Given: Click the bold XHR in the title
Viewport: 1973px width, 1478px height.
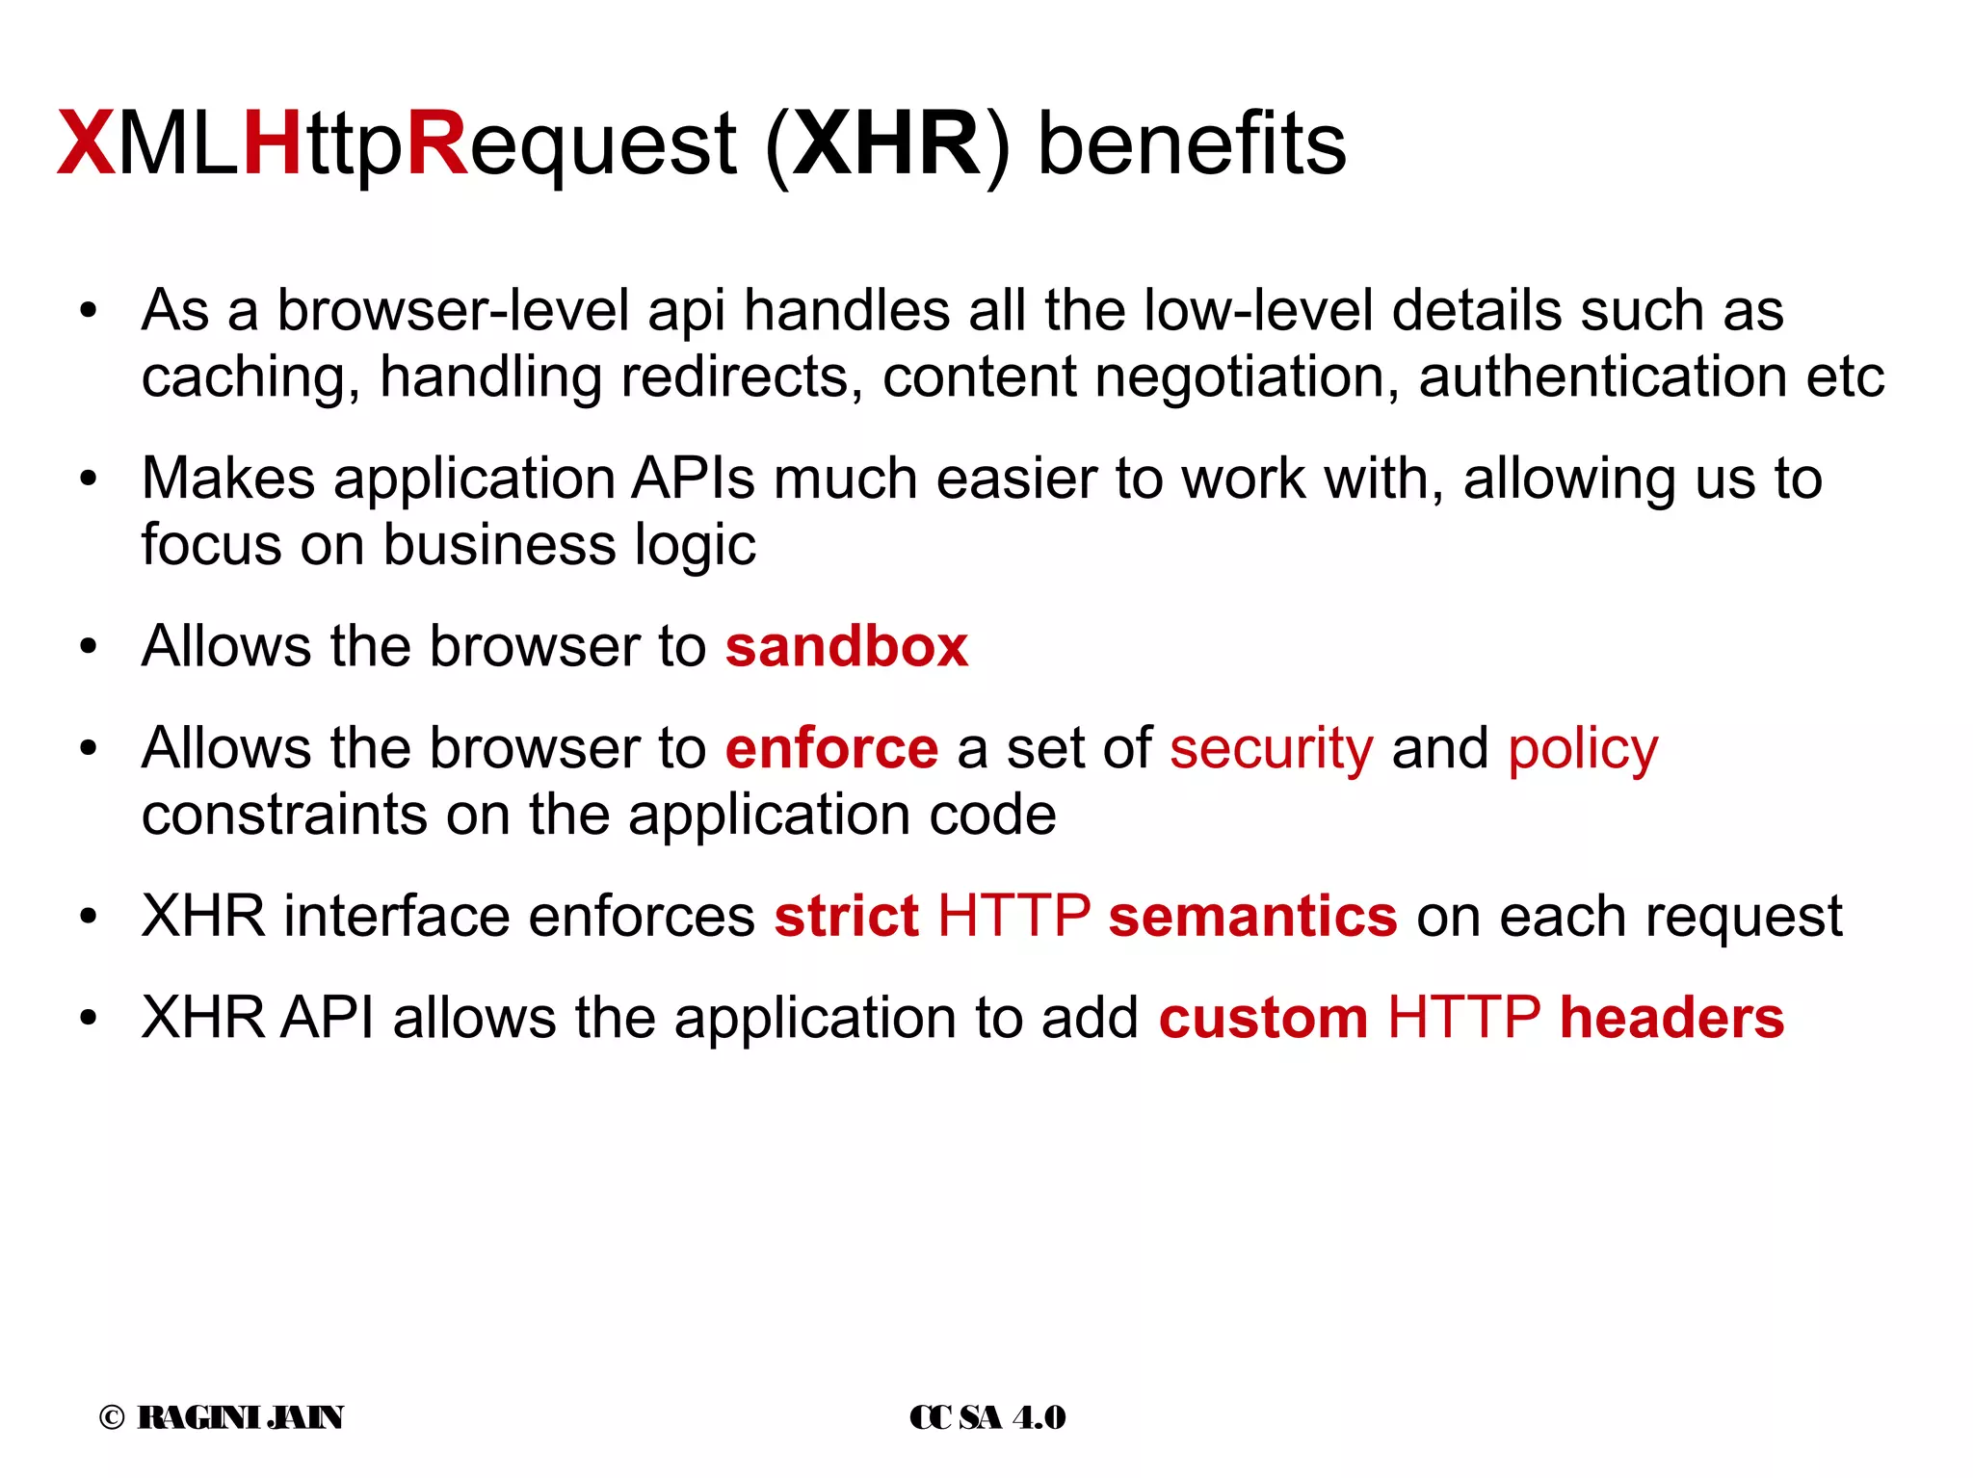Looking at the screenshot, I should point(885,144).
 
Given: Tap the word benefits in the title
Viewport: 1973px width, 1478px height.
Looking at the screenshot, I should point(1192,144).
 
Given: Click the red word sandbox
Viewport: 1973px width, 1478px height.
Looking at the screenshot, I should point(846,646).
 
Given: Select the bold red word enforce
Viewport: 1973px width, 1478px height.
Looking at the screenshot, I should point(831,748).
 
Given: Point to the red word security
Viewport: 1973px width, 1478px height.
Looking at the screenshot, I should point(1271,748).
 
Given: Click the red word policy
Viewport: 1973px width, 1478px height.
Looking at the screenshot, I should point(1583,748).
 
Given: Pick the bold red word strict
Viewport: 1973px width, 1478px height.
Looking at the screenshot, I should point(846,916).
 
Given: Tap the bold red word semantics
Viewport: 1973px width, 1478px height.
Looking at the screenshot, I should point(1252,916).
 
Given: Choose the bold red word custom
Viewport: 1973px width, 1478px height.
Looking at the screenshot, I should point(1263,1018).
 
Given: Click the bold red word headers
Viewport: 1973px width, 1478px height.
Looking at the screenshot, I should point(1671,1018).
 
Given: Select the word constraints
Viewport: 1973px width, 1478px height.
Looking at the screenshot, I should point(284,815).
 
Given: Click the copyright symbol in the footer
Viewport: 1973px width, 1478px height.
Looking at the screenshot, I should point(112,1417).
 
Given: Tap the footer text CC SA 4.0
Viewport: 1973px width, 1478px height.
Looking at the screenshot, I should point(987,1417).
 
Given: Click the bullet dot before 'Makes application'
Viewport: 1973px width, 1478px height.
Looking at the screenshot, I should point(90,479).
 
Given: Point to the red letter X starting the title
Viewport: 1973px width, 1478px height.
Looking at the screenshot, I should point(86,144).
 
